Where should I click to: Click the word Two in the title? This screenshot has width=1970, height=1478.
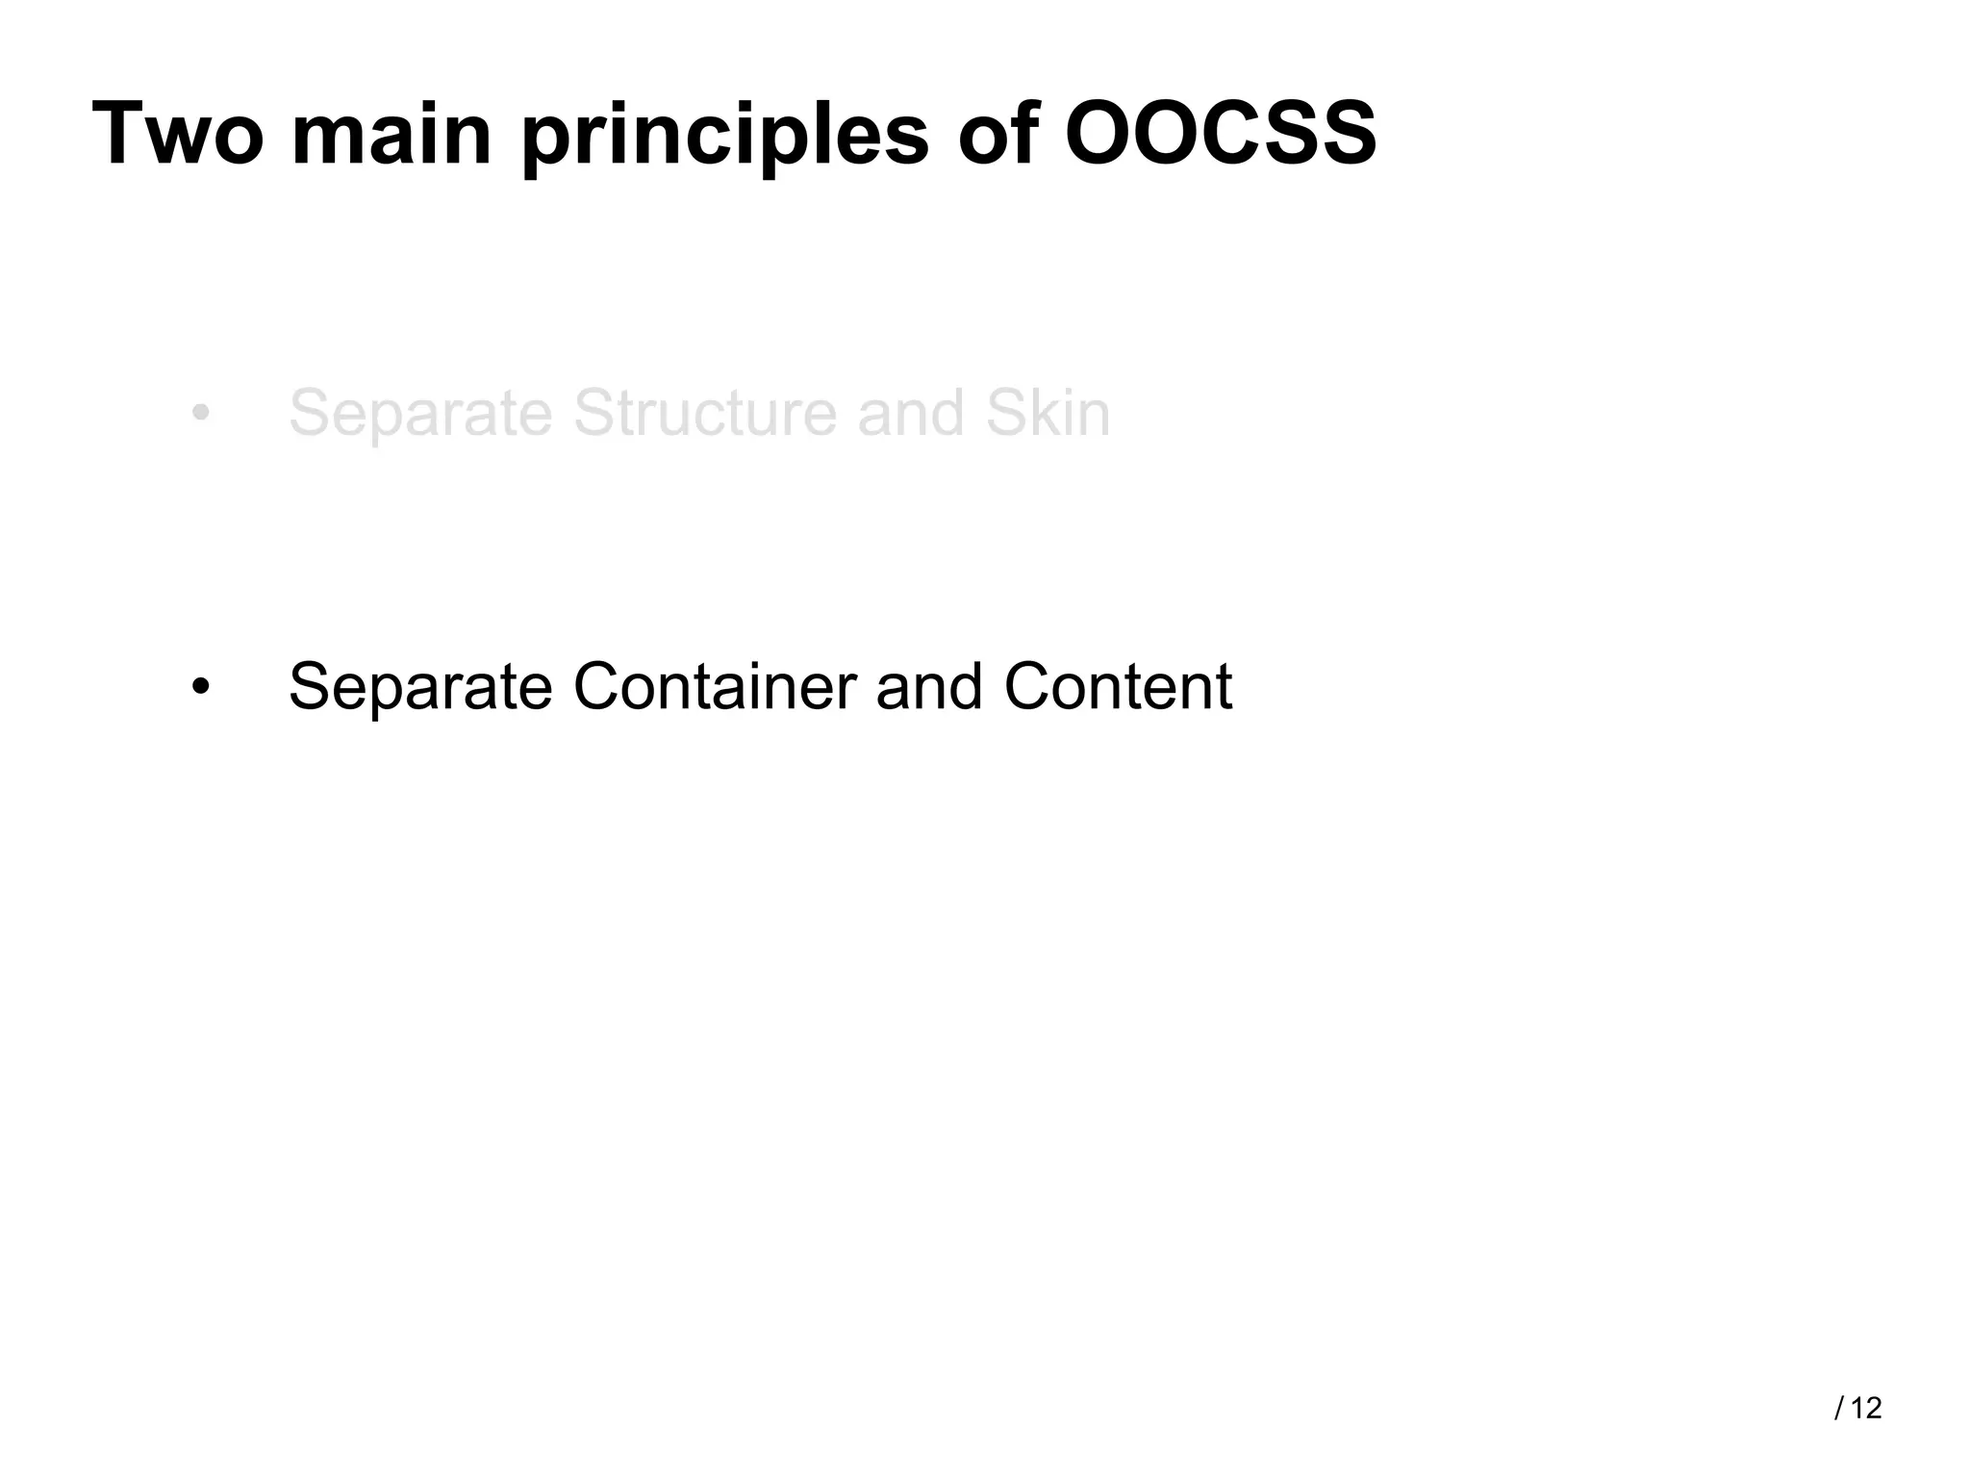click(178, 134)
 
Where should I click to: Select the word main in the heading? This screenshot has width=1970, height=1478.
click(391, 134)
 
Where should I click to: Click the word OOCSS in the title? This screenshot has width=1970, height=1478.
click(1221, 134)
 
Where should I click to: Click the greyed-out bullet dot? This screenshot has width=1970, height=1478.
click(200, 414)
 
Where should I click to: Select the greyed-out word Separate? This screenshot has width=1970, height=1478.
click(420, 414)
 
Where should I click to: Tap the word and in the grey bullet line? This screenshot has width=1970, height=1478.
click(910, 414)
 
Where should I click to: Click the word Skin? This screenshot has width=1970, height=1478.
click(1048, 414)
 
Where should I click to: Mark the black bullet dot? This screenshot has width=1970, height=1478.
click(200, 687)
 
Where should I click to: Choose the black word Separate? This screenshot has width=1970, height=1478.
click(420, 687)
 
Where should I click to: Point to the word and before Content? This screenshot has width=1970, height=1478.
click(929, 687)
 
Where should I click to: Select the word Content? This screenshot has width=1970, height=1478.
click(1118, 687)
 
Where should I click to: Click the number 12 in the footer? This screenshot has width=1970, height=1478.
click(1866, 1409)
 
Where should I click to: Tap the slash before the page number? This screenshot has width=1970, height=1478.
click(1839, 1409)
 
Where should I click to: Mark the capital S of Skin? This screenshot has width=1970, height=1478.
click(1004, 414)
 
